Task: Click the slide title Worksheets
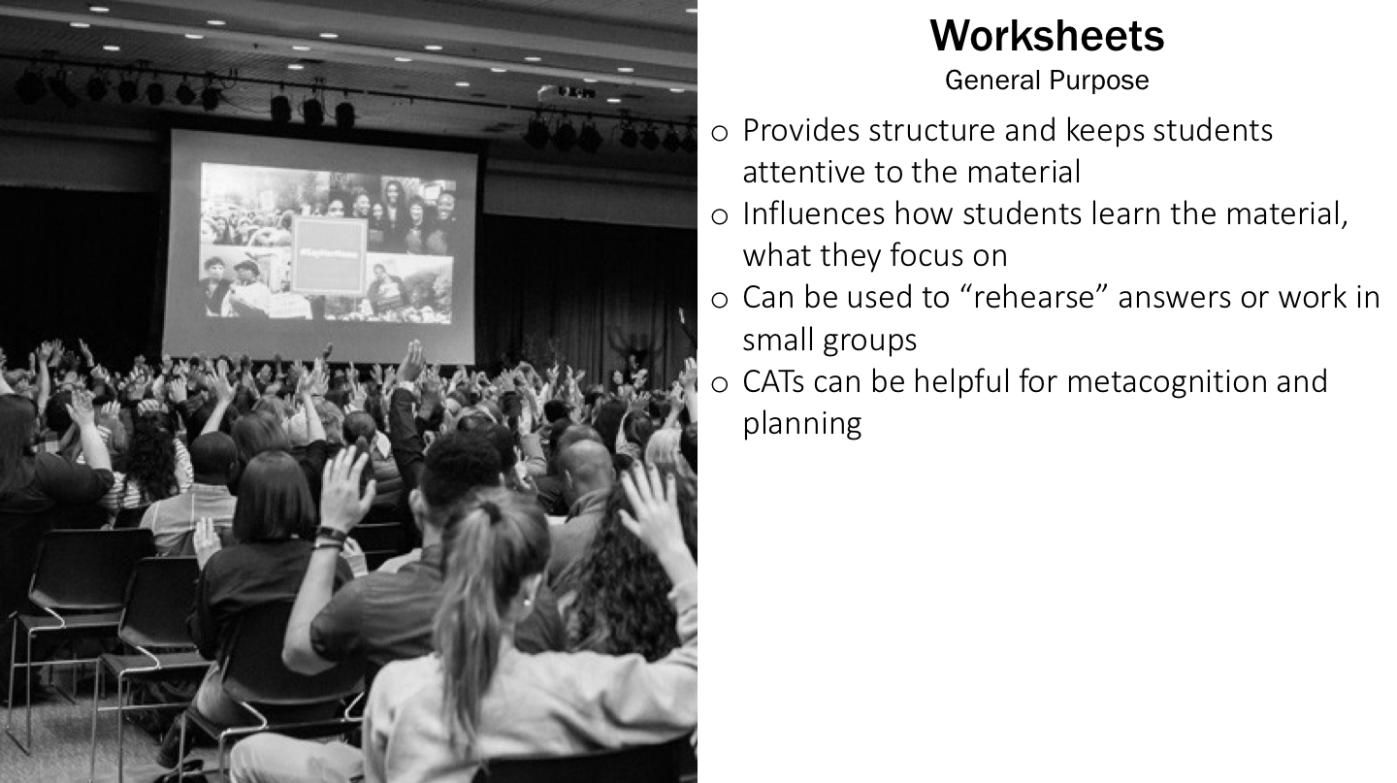point(1047,37)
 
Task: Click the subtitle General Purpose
point(1047,81)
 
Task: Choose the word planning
point(801,424)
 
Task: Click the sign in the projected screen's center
point(329,255)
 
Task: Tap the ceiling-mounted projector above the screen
point(575,92)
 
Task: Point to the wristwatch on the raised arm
point(331,536)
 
